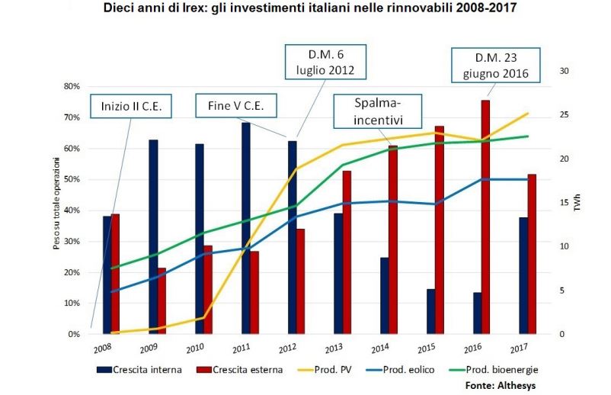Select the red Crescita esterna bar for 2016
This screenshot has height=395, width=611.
[x=485, y=217]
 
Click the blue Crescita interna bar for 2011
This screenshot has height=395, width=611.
[x=245, y=229]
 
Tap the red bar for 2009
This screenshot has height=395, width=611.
[x=162, y=301]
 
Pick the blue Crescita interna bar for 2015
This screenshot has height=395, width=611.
[x=431, y=311]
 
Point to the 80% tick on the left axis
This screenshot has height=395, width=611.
[x=71, y=86]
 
